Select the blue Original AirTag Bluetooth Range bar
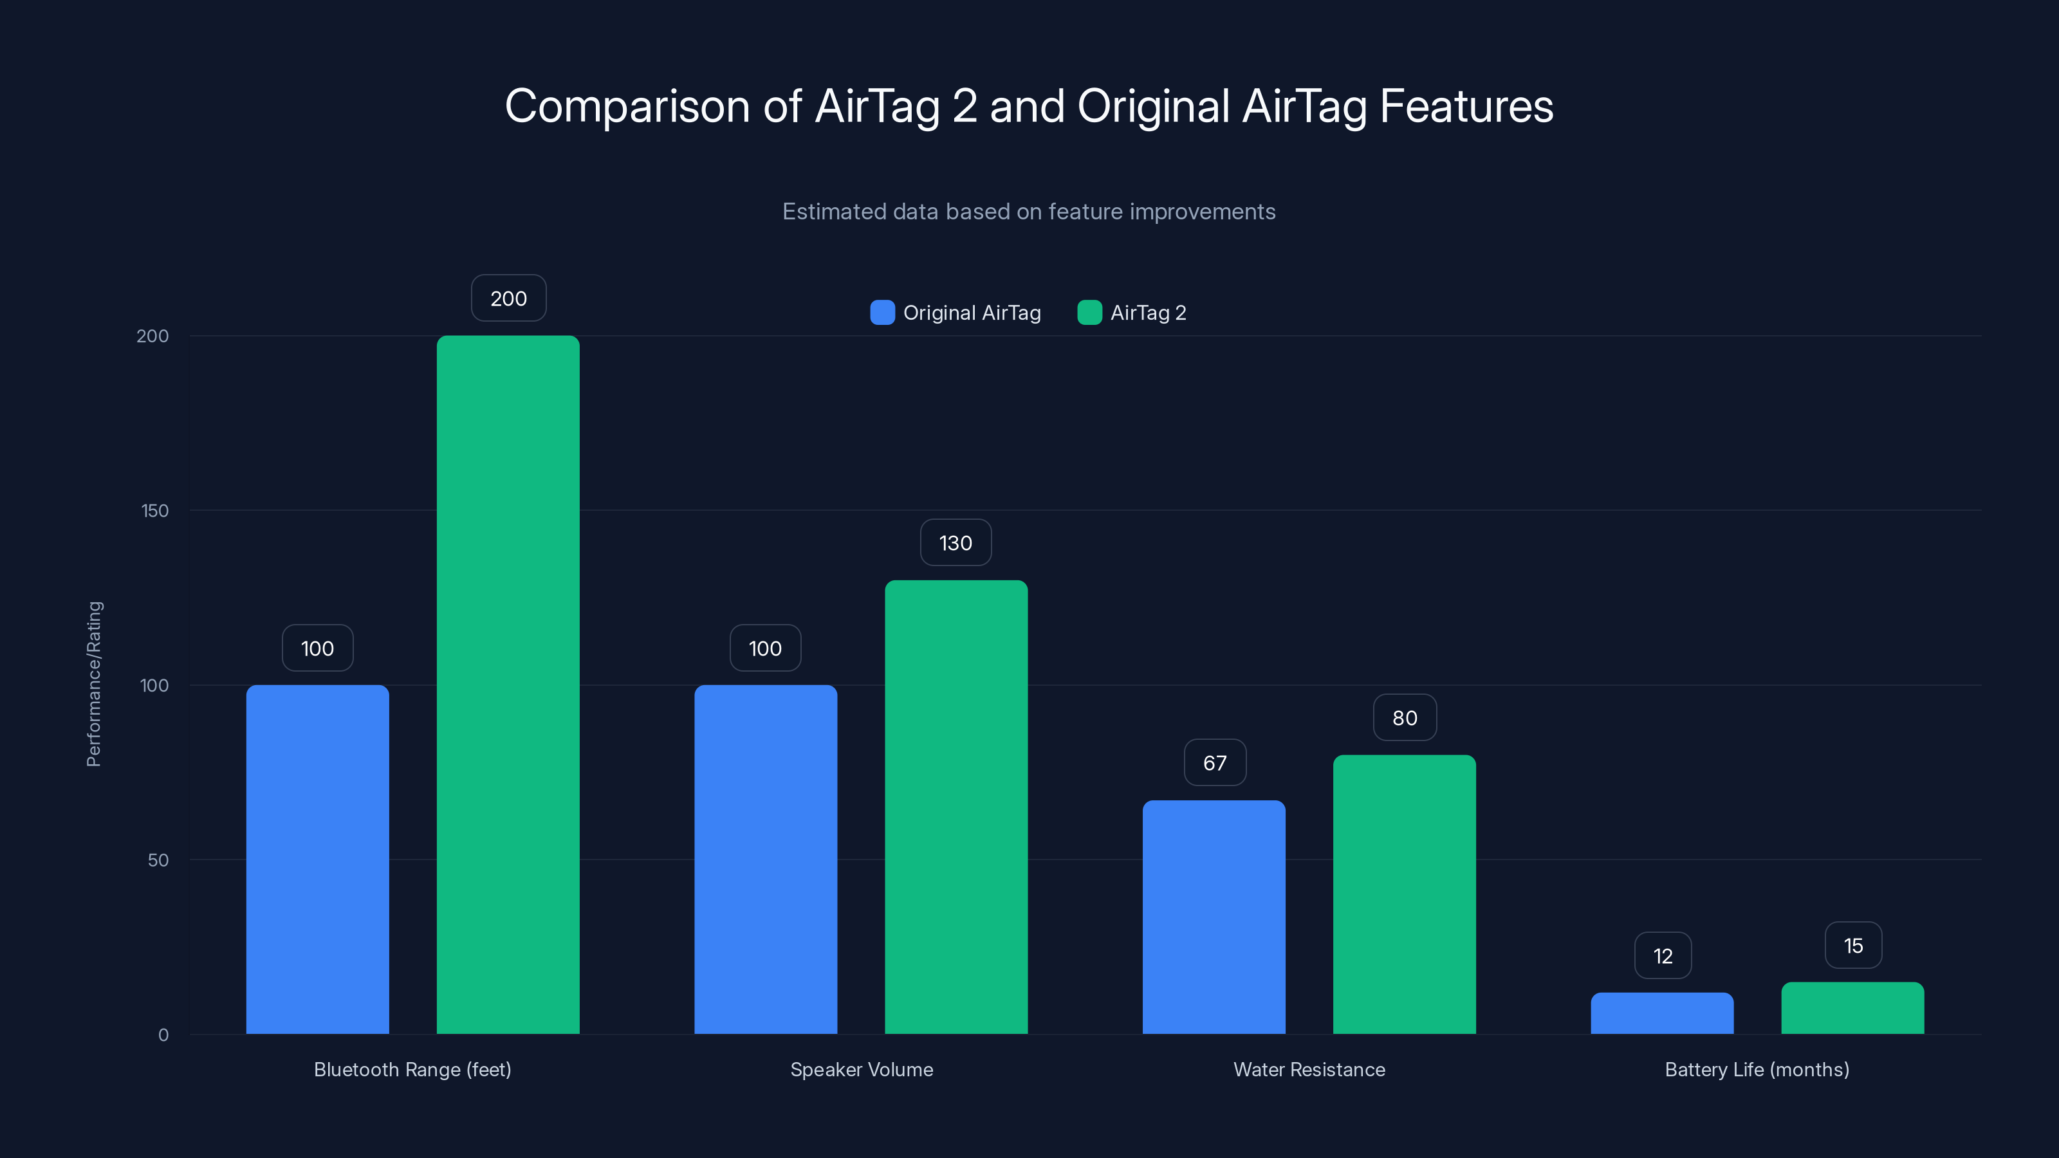click(317, 859)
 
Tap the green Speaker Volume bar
click(956, 807)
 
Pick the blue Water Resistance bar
click(1214, 917)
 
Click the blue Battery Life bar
click(1662, 1013)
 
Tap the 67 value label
click(1214, 763)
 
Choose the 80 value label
click(1405, 718)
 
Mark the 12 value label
click(1663, 956)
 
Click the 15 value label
click(1853, 946)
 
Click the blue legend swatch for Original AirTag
click(882, 313)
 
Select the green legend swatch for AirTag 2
click(1089, 313)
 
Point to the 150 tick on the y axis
click(155, 511)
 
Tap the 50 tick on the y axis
click(158, 860)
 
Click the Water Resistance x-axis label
click(1309, 1069)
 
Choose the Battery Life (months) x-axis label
click(1756, 1069)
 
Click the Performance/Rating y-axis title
click(95, 684)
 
